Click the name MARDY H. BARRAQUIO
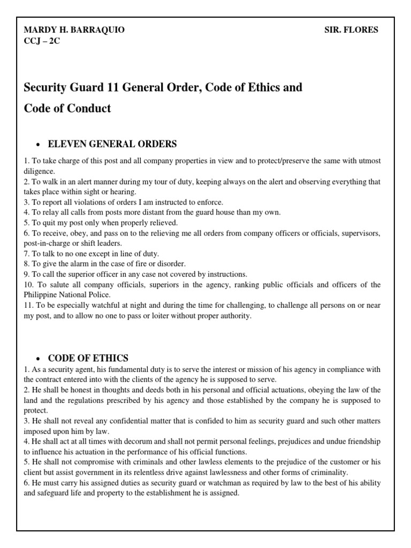[x=74, y=30]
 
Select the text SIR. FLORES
[x=351, y=30]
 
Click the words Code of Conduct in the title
[x=67, y=108]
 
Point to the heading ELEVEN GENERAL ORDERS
[x=112, y=144]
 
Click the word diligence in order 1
[x=39, y=171]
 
